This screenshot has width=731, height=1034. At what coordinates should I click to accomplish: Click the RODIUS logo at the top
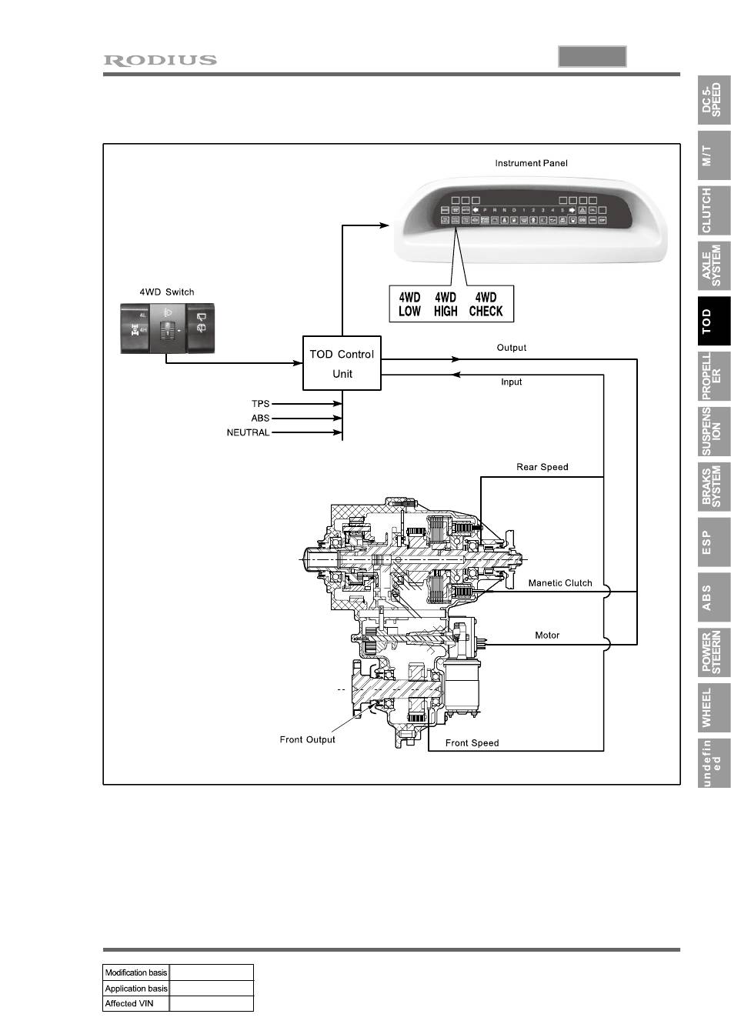pos(160,60)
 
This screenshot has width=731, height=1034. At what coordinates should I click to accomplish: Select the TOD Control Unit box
pos(342,364)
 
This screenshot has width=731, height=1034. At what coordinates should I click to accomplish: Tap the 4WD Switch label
pos(166,292)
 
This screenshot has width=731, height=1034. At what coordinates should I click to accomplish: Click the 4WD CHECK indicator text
pos(486,305)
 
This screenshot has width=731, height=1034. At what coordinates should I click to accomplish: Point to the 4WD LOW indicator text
pos(409,305)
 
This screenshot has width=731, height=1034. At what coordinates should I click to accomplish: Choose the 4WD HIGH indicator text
pos(446,305)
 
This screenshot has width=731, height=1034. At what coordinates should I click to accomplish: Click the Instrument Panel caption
pos(531,163)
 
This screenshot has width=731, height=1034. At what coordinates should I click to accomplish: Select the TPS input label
pos(260,403)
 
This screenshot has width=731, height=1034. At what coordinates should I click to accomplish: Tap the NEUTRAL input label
pos(248,432)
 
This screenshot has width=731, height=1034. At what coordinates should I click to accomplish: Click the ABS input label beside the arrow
pos(260,418)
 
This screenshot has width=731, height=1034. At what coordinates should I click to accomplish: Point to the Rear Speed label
pos(542,467)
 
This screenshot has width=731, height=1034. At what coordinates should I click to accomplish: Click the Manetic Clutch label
pos(560,583)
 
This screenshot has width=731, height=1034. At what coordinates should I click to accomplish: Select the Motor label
pos(547,635)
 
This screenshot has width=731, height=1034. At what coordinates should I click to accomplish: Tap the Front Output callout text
pos(307,739)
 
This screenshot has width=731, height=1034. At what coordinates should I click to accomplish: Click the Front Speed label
pos(472,743)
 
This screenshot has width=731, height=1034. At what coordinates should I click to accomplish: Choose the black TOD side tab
pos(713,320)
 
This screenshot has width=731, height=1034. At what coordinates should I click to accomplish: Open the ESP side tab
pos(713,541)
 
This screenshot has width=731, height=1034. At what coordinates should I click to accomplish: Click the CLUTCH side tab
pos(713,210)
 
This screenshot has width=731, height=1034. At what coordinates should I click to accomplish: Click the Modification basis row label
pos(135,972)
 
